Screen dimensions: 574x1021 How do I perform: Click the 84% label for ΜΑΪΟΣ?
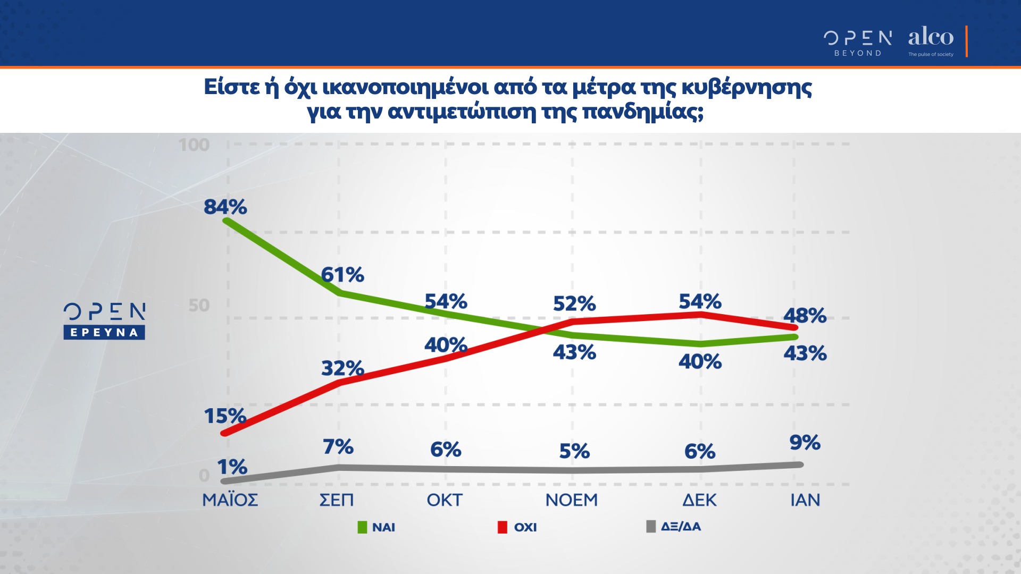[225, 207]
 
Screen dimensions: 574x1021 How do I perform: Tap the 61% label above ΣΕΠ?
[342, 275]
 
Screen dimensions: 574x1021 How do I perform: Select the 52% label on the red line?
[574, 303]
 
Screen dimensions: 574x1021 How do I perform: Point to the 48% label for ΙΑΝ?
[805, 315]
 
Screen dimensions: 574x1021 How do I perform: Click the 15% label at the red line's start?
[225, 416]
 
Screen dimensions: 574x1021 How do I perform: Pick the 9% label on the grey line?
[805, 442]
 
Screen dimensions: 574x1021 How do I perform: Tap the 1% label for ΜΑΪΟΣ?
[232, 467]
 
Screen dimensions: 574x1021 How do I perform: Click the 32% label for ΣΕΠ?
[342, 368]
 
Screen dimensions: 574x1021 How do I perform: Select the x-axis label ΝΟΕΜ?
[572, 500]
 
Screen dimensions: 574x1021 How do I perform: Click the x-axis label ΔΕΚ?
[699, 500]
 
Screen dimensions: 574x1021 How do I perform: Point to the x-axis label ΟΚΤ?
[445, 500]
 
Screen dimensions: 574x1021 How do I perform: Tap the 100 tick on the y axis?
[194, 145]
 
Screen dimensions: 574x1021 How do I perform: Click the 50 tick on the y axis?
[199, 305]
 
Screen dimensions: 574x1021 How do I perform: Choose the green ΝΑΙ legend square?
[362, 527]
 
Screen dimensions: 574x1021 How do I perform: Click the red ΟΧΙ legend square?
[502, 527]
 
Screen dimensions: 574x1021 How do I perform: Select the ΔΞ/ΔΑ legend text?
[681, 527]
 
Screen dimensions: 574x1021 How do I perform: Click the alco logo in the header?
[931, 37]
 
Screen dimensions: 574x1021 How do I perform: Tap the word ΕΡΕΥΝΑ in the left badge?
[104, 333]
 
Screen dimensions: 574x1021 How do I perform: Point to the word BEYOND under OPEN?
[858, 53]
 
